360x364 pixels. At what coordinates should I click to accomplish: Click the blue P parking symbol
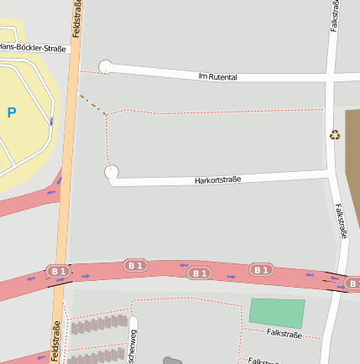(x=11, y=112)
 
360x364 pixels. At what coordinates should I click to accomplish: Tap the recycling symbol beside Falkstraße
(x=335, y=134)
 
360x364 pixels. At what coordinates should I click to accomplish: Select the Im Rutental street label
(x=217, y=76)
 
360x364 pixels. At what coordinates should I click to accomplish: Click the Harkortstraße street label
(x=217, y=179)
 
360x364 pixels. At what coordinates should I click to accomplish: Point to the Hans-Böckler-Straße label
(x=33, y=48)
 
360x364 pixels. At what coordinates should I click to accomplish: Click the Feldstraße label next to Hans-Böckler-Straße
(x=76, y=21)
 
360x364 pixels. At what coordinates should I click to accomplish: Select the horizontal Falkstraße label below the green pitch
(x=284, y=334)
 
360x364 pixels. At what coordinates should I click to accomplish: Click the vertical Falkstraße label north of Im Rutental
(x=336, y=17)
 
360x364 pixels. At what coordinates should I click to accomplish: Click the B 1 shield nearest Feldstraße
(x=58, y=272)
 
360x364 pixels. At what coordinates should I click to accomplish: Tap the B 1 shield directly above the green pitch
(x=261, y=269)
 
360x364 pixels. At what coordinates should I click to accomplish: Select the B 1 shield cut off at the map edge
(x=353, y=284)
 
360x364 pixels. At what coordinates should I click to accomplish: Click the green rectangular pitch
(x=277, y=312)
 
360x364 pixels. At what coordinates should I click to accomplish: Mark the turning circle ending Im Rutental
(x=106, y=67)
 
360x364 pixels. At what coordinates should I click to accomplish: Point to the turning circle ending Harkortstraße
(x=112, y=173)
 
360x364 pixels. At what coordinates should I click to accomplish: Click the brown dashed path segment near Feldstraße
(x=91, y=103)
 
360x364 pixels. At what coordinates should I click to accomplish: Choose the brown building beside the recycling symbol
(x=352, y=151)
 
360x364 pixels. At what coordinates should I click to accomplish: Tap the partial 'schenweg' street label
(x=132, y=346)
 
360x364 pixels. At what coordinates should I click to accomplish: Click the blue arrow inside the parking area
(x=52, y=122)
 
